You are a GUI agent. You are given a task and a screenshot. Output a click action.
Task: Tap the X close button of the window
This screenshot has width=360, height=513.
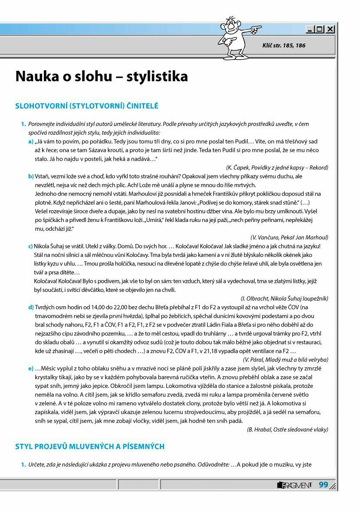330,30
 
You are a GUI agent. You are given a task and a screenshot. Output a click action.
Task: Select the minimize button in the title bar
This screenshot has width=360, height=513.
310,30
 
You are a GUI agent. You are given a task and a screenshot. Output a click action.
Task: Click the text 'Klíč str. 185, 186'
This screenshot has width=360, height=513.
284,45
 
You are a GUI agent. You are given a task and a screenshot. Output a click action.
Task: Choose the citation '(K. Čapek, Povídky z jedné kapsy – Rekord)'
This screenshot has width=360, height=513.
277,167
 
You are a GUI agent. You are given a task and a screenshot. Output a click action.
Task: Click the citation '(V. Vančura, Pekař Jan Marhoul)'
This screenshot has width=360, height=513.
289,237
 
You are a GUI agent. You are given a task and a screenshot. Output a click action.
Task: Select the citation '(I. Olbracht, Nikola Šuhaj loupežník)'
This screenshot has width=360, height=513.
284,298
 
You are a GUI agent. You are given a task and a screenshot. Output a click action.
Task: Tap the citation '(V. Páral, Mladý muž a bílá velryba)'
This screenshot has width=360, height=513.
285,360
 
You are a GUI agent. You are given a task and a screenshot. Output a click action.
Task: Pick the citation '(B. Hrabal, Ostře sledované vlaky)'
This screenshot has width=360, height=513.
287,429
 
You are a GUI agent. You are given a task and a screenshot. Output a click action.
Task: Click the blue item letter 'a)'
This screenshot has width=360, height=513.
31,142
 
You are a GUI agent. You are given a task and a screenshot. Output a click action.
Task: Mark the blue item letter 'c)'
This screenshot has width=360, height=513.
30,246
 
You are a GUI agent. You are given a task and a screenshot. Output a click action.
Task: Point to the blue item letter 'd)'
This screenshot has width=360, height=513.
31,307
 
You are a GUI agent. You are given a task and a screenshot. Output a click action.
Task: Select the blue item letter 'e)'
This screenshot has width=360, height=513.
31,368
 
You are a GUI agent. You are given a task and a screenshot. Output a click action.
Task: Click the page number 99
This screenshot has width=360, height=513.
324,485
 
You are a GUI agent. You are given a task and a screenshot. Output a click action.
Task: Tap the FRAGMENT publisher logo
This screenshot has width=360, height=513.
294,485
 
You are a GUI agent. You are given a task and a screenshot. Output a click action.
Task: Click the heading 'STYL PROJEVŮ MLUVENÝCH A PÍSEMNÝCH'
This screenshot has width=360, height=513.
90,447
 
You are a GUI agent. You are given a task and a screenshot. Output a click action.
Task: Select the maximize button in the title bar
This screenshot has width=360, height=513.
320,30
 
